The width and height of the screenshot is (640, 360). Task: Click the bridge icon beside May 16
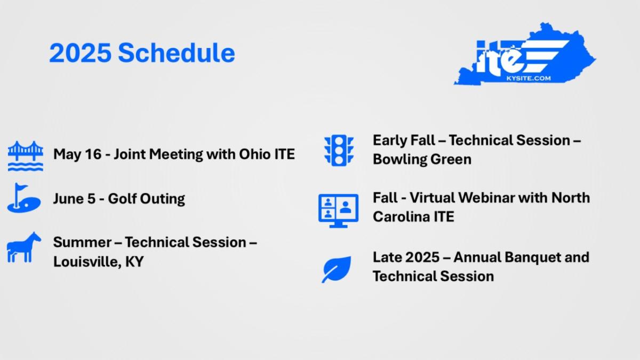click(26, 156)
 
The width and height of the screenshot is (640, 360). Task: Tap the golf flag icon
click(24, 198)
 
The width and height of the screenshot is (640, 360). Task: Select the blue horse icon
click(24, 247)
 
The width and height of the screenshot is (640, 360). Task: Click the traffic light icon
click(339, 150)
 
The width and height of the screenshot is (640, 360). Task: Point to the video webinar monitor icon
click(338, 211)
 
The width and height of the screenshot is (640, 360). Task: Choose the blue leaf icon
click(337, 269)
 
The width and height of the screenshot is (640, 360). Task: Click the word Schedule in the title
click(177, 53)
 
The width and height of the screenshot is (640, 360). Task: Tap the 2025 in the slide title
click(81, 53)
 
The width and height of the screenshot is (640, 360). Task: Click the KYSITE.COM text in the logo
click(529, 78)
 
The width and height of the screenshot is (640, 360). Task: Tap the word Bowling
click(399, 159)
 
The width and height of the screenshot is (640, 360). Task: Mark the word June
click(67, 198)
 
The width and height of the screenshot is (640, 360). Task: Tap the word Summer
click(82, 242)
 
